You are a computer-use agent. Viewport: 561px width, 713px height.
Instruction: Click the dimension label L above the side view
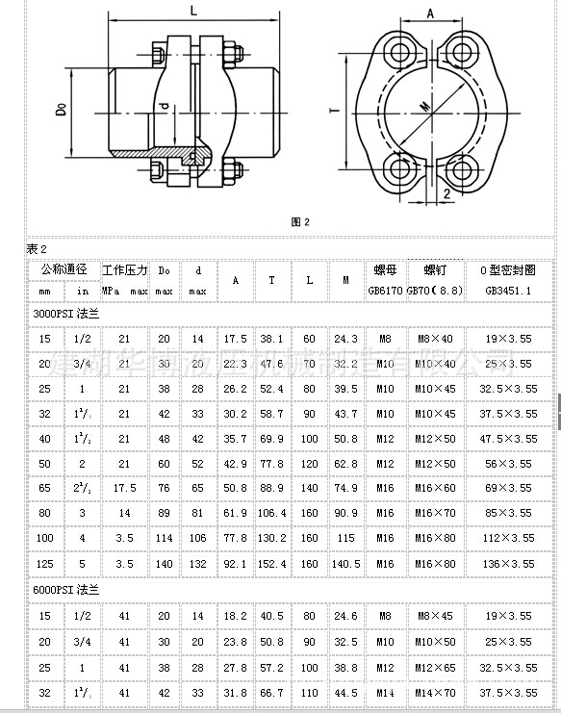pos(194,12)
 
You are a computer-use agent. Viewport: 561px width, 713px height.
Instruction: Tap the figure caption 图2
pos(300,222)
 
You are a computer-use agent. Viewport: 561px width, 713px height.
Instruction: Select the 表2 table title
pos(36,249)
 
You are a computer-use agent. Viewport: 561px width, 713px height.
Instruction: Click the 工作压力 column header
pos(125,269)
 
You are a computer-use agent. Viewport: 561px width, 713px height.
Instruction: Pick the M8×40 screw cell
pos(435,339)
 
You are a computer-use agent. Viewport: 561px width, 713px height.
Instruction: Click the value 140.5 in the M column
pos(344,563)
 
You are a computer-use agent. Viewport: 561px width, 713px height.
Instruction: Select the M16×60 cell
pos(435,488)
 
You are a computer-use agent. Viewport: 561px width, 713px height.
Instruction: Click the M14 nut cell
pos(385,691)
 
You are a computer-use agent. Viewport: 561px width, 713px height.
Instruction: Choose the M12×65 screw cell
pos(435,666)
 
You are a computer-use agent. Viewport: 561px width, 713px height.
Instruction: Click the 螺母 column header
pos(385,269)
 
